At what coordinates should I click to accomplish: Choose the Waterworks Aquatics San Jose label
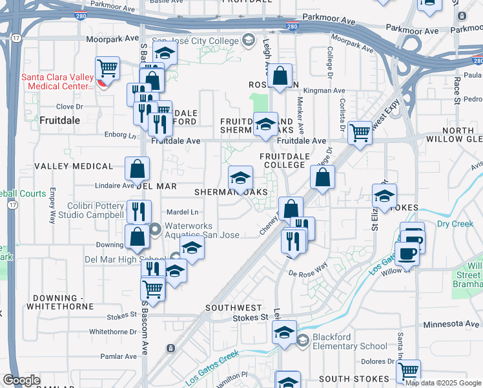click(x=202, y=230)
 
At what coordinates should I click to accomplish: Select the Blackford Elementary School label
click(x=349, y=341)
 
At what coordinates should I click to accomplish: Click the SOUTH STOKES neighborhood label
click(x=346, y=378)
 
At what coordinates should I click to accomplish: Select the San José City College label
click(x=196, y=41)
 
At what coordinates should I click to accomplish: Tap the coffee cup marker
click(x=407, y=253)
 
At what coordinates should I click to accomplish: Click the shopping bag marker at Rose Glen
click(x=281, y=76)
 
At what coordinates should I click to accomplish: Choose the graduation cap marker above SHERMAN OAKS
click(x=240, y=177)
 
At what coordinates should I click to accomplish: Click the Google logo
click(x=22, y=380)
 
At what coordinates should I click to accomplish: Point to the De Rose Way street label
click(x=308, y=274)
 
